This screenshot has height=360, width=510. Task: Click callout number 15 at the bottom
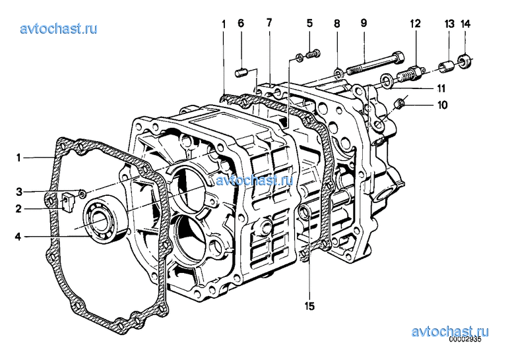coord(309,306)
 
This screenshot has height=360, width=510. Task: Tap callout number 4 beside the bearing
coord(18,237)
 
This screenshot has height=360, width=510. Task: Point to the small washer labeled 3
coord(82,195)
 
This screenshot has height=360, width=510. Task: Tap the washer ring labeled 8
coord(338,73)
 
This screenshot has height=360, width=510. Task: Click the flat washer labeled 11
coord(386,81)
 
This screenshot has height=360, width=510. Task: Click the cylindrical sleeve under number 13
coord(447,67)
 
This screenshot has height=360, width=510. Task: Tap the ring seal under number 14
coord(464,61)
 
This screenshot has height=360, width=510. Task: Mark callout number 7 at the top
coord(269,22)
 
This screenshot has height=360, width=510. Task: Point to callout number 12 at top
coord(416,23)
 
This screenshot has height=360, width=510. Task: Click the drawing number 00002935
coord(464,339)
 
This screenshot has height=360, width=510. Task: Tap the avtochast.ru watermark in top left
coord(59,29)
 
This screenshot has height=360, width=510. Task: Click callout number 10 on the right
coord(442,105)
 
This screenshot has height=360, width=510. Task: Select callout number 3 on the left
coord(19,192)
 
